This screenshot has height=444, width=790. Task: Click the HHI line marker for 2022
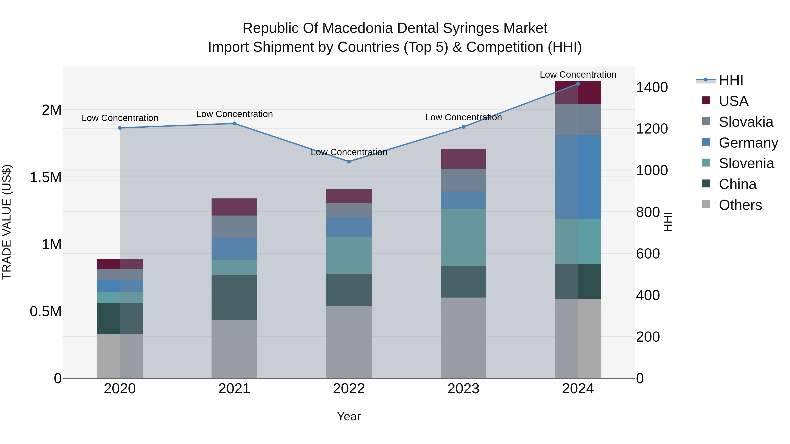point(349,161)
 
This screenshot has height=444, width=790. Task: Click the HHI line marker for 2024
point(578,84)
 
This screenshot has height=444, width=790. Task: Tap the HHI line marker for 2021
point(234,123)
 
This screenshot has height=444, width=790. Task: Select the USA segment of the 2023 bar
point(463,159)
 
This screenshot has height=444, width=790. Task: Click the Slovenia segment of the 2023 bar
point(463,237)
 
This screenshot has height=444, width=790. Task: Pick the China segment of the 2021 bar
point(234,297)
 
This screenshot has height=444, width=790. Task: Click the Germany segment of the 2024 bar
point(578,177)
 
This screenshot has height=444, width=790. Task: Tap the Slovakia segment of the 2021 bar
point(234,226)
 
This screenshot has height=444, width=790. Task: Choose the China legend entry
point(737,184)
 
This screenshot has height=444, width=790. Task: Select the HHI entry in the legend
point(731,80)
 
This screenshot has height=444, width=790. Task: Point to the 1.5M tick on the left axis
point(46,177)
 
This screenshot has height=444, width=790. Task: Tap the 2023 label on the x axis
point(463,389)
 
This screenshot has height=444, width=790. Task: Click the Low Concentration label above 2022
point(349,152)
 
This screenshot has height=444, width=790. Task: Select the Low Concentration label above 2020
point(120,118)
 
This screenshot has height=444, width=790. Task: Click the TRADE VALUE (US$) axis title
point(7,222)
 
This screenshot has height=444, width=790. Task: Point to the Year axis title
point(349,416)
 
